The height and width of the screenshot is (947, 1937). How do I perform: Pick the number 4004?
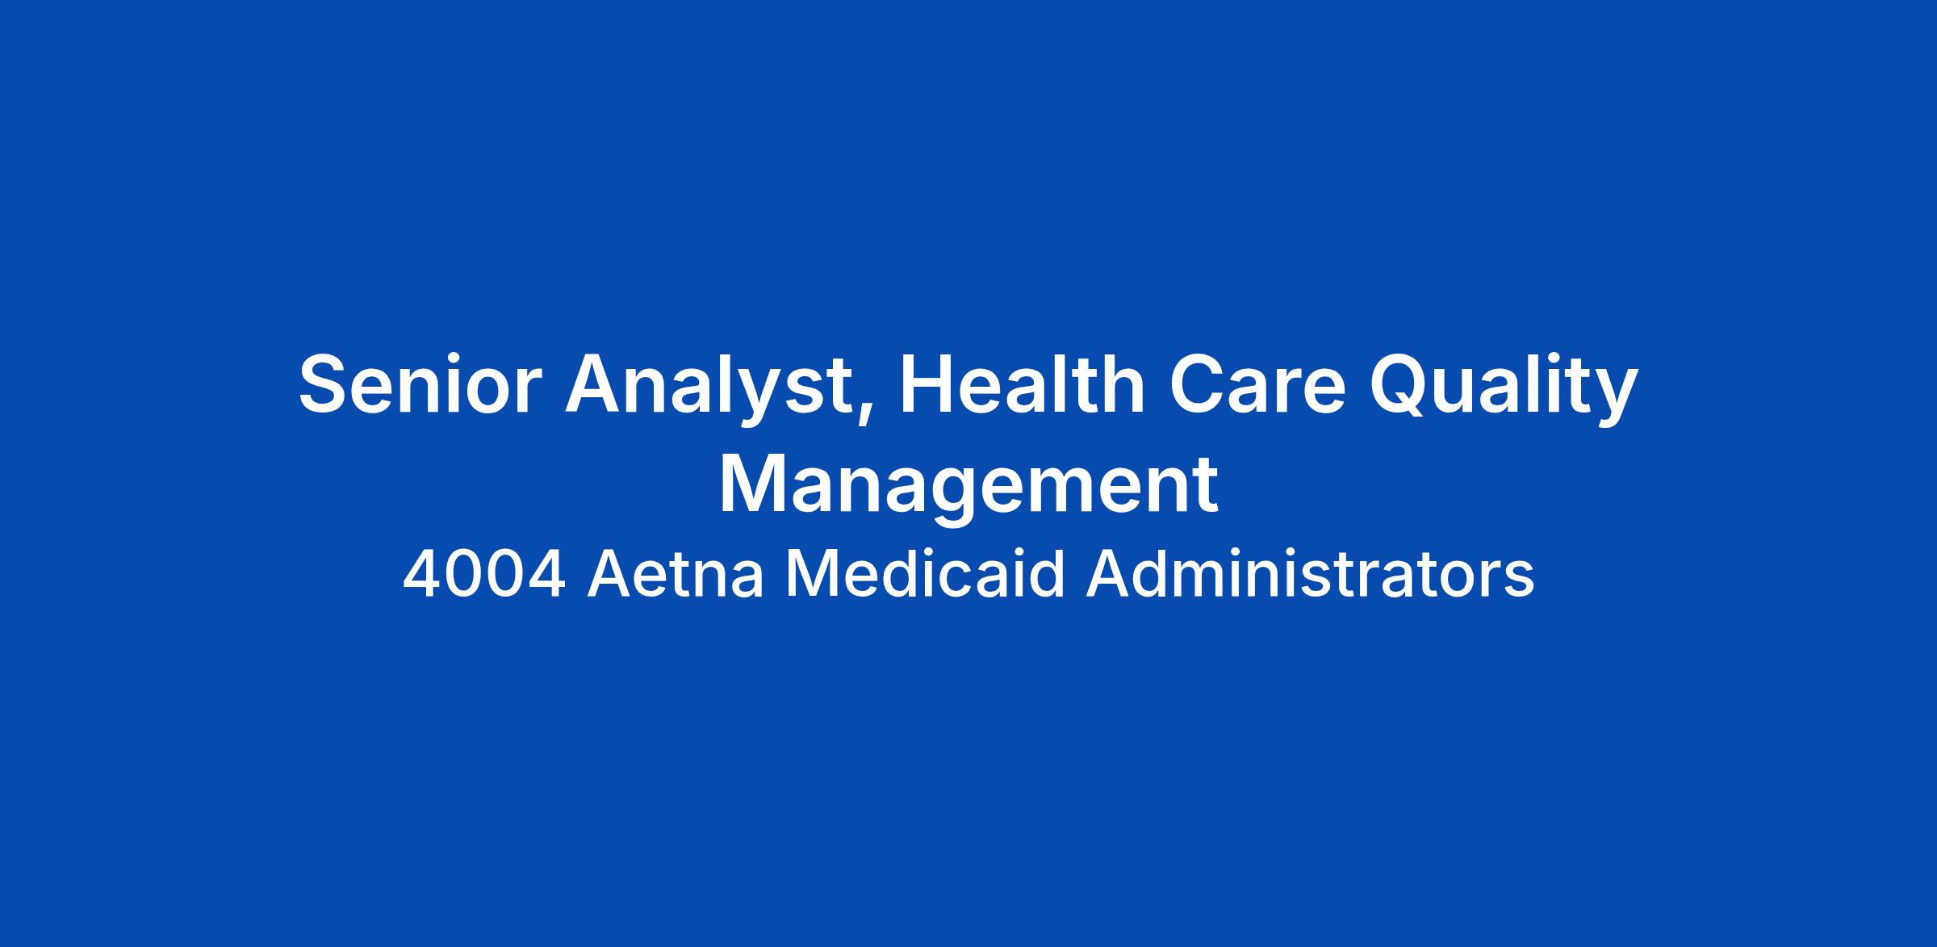[x=483, y=575]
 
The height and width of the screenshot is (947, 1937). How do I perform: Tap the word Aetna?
[x=675, y=575]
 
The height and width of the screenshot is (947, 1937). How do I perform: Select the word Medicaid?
[x=926, y=574]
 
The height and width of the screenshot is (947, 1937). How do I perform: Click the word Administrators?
[x=1310, y=574]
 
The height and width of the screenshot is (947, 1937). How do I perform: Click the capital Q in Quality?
[x=1402, y=385]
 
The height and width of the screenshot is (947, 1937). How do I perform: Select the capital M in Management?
[x=755, y=484]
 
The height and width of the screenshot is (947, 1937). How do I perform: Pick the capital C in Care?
[x=1199, y=383]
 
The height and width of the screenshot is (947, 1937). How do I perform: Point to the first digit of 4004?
[x=421, y=575]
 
